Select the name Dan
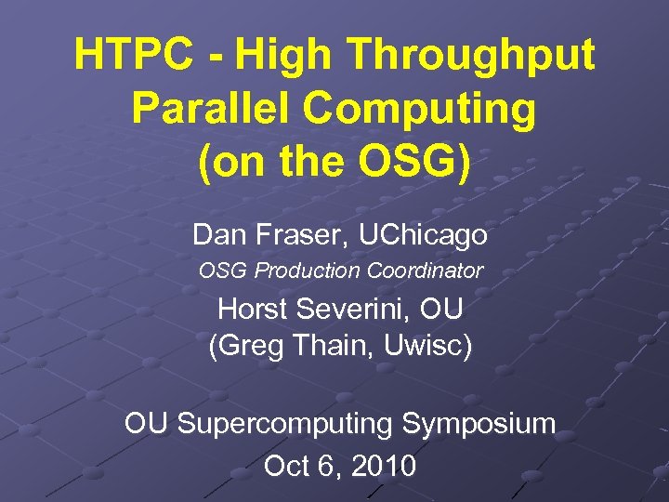tap(216, 235)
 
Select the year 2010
tap(380, 465)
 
